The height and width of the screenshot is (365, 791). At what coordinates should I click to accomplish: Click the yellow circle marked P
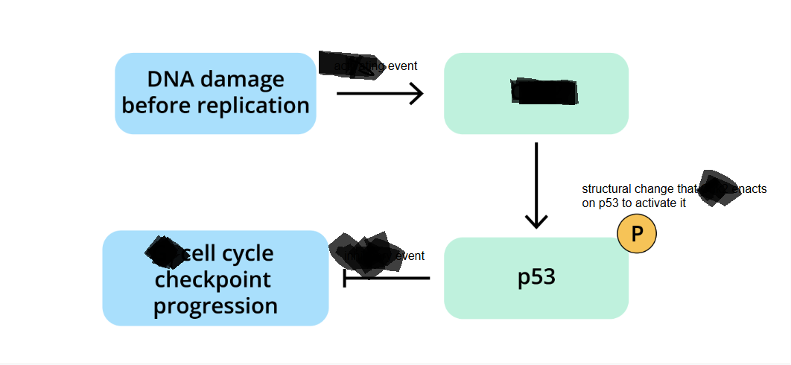[x=637, y=235]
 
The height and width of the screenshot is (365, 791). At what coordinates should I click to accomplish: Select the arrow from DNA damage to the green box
[x=380, y=94]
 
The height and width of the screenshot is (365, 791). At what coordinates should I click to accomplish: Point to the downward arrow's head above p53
[x=536, y=221]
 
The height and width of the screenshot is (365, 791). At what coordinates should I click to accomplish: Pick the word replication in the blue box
[x=253, y=105]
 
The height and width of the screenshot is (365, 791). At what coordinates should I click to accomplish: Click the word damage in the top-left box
[x=243, y=79]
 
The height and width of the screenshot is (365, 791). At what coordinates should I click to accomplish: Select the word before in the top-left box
[x=156, y=105]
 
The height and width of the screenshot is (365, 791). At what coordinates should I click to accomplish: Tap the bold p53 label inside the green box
[x=536, y=277]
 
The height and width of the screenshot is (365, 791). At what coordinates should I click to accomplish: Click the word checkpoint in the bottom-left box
[x=212, y=280]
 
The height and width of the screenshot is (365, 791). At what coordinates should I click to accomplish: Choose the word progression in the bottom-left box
[x=215, y=305]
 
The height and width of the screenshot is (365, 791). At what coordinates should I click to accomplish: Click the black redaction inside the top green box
[x=544, y=92]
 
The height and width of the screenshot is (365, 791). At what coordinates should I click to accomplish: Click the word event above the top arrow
[x=402, y=66]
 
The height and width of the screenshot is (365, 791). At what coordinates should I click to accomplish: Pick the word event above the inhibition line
[x=410, y=256]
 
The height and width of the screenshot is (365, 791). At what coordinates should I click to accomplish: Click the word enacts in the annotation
[x=751, y=189]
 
